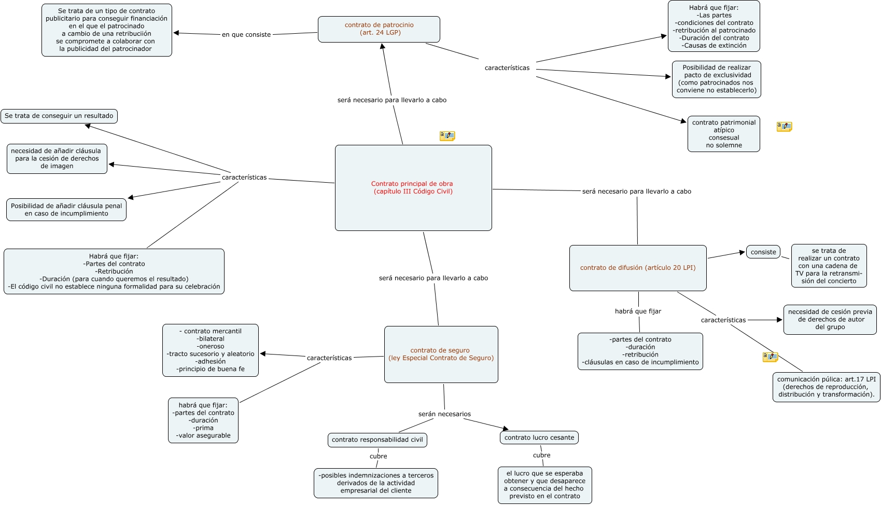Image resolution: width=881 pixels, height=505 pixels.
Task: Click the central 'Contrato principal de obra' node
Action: click(x=413, y=188)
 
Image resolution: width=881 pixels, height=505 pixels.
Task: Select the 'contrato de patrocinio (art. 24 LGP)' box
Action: click(x=379, y=29)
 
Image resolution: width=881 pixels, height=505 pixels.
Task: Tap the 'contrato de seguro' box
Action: click(x=441, y=354)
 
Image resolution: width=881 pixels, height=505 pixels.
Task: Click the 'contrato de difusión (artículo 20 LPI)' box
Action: click(x=637, y=268)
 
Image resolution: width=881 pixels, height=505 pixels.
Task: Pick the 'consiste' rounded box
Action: click(x=763, y=252)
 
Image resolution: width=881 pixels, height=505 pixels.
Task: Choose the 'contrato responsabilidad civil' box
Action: click(x=377, y=440)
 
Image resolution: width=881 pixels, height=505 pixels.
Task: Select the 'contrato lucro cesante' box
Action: click(x=539, y=438)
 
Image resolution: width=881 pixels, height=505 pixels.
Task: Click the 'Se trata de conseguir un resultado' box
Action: click(x=59, y=116)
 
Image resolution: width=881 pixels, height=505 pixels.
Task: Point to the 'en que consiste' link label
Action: click(x=246, y=35)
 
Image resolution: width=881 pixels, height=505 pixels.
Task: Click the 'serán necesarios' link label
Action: click(x=444, y=414)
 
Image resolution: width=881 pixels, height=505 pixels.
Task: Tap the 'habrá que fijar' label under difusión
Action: click(x=638, y=311)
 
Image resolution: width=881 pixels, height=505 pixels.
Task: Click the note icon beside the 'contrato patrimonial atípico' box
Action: click(x=784, y=127)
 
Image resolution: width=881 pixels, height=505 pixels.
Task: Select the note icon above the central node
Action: click(x=447, y=136)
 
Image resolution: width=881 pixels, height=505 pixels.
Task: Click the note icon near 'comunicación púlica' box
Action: click(x=770, y=357)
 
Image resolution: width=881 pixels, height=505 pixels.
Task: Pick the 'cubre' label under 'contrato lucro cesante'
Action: click(x=541, y=455)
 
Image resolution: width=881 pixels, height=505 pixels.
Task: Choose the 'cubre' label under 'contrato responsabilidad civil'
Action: click(x=378, y=456)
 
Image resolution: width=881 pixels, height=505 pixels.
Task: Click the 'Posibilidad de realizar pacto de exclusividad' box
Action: click(x=716, y=79)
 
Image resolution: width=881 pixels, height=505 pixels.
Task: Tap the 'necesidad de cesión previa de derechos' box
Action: click(x=830, y=320)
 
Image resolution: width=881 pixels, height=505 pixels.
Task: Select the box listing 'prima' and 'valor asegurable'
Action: click(x=203, y=420)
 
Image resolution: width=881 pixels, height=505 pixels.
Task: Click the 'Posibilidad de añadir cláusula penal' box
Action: click(x=66, y=210)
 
